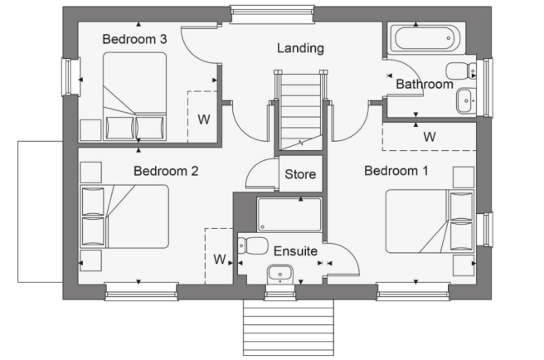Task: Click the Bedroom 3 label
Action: coord(135,39)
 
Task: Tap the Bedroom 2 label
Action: coord(166,172)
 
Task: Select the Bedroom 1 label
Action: coord(396,172)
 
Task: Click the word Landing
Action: coord(299,48)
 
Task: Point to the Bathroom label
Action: coord(424,84)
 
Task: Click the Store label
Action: coord(299,175)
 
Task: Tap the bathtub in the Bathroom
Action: coord(423,37)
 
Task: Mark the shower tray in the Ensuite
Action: coord(289,214)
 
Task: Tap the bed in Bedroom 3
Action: coord(134,96)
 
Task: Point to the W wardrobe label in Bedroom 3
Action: coord(202,119)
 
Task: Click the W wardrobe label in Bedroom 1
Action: coord(429,136)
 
